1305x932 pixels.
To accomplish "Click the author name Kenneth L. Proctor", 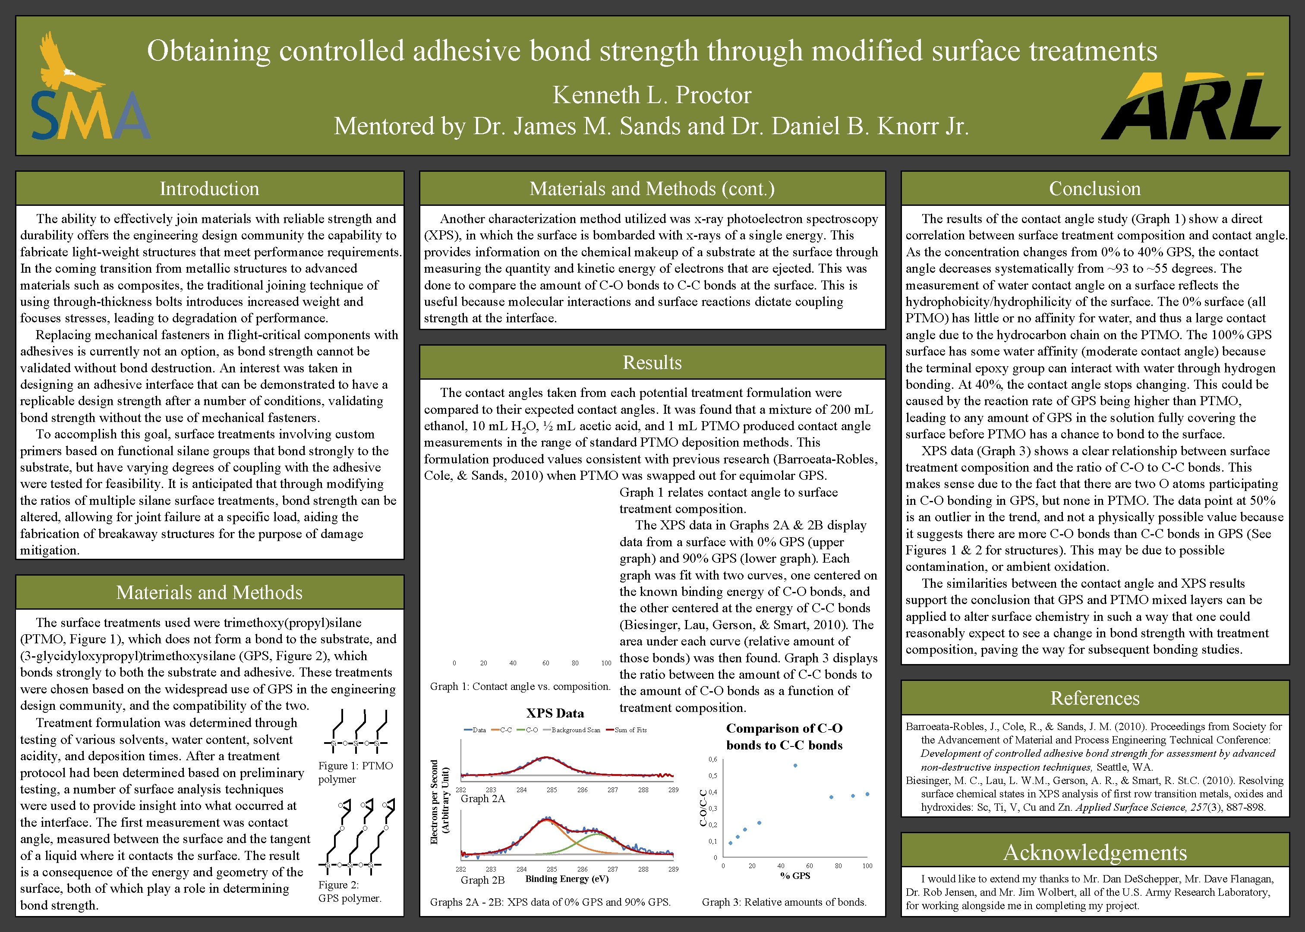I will (x=652, y=95).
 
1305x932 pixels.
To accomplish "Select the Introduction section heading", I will (x=209, y=189).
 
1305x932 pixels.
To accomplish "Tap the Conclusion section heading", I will (x=1094, y=189).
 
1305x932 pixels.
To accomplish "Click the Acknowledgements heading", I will (x=1094, y=852).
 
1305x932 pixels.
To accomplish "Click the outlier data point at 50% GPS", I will (x=795, y=765).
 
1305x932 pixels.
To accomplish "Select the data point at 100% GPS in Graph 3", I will (x=867, y=794).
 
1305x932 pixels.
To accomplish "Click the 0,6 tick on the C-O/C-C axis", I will (x=712, y=759).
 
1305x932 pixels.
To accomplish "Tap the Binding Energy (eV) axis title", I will (x=567, y=878).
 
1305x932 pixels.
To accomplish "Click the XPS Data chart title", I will (x=555, y=713).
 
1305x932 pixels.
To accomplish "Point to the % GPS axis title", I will (x=795, y=876).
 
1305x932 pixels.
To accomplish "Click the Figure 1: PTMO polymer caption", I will (x=355, y=772).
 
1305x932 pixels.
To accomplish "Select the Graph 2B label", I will (x=482, y=880).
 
